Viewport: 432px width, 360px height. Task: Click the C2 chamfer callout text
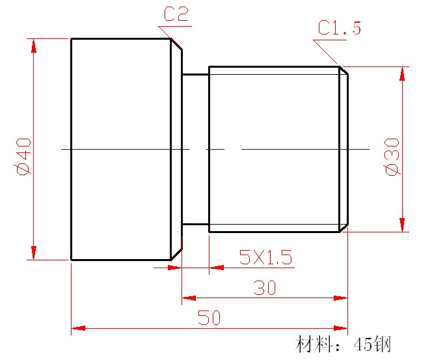pyautogui.click(x=176, y=14)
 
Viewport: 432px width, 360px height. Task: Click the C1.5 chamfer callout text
pyautogui.click(x=339, y=28)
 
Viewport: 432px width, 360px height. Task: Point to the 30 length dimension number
pyautogui.click(x=264, y=288)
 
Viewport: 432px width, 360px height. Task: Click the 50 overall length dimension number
pyautogui.click(x=209, y=318)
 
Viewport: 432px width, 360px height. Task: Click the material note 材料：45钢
pyautogui.click(x=343, y=344)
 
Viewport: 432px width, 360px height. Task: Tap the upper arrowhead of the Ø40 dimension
pyautogui.click(x=33, y=46)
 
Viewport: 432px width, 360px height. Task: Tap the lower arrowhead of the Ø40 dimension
pyautogui.click(x=33, y=253)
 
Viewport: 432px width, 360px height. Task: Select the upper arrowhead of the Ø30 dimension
pyautogui.click(x=403, y=74)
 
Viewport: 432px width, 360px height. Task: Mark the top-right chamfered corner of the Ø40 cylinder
pyautogui.click(x=176, y=44)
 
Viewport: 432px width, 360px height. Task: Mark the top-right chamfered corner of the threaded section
pyautogui.click(x=344, y=70)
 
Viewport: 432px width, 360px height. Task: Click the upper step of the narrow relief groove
pyautogui.click(x=195, y=74)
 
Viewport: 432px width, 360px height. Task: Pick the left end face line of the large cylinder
pyautogui.click(x=71, y=149)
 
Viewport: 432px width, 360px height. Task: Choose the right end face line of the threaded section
pyautogui.click(x=348, y=149)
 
